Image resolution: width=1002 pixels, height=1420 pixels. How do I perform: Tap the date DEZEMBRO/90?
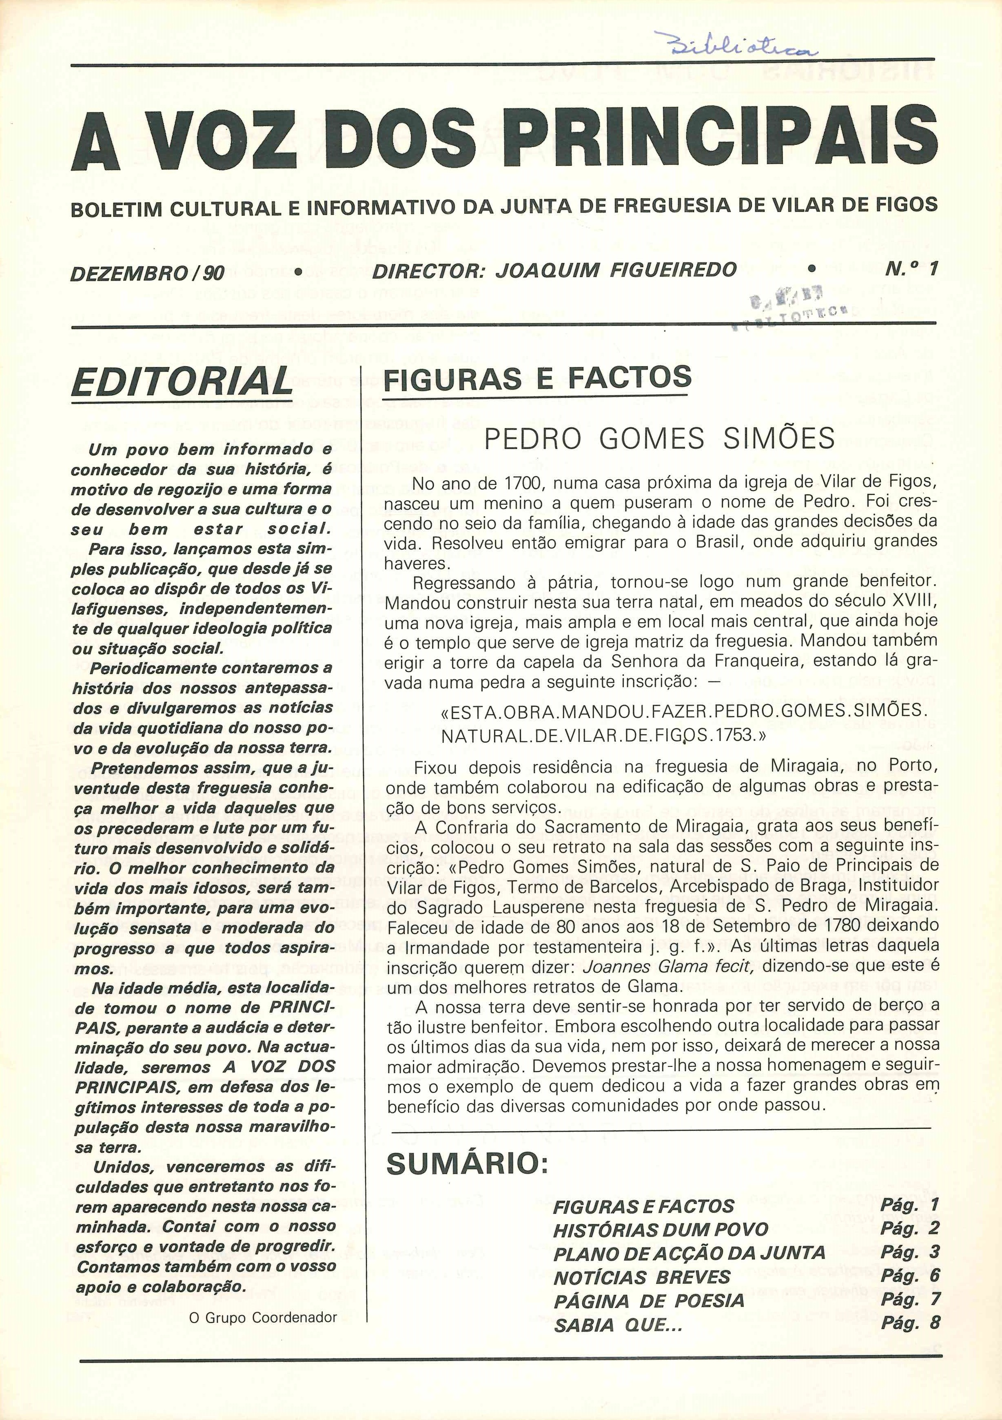coord(148,272)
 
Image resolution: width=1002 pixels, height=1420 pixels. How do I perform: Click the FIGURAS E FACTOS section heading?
coord(537,377)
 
